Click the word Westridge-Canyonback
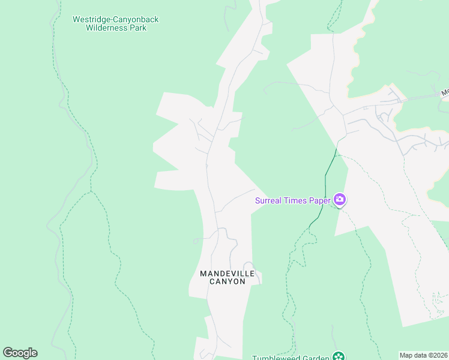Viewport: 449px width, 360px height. [116, 19]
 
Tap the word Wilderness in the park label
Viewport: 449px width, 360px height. [107, 28]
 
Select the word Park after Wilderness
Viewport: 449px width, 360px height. [139, 28]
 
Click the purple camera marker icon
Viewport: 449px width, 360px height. [340, 200]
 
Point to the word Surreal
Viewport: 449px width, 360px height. [269, 200]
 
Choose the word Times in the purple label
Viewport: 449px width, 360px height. [296, 200]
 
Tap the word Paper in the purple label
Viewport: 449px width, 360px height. [320, 200]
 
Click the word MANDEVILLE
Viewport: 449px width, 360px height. [228, 274]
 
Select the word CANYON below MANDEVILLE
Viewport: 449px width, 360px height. [228, 281]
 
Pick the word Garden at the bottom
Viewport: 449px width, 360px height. [316, 358]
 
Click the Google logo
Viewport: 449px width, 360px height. [20, 353]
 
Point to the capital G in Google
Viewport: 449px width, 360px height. [7, 353]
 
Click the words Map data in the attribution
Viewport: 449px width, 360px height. [414, 355]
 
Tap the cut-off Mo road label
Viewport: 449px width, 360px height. [445, 93]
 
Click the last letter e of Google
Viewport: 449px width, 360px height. [34, 353]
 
